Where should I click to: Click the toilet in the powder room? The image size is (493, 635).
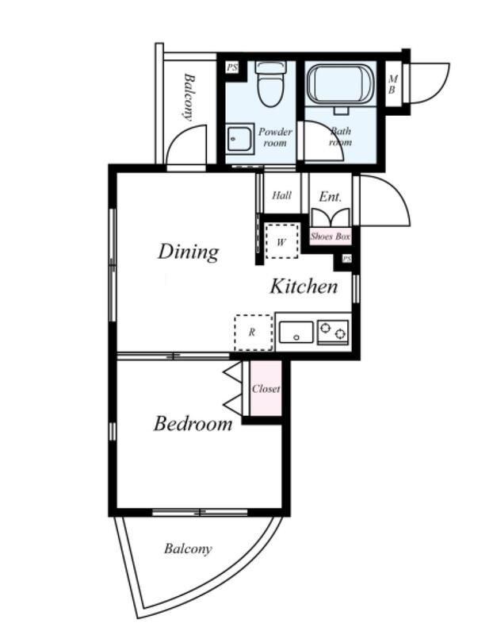270,84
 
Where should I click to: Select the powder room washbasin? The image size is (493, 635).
240,139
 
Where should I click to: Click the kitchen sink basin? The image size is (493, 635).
296,332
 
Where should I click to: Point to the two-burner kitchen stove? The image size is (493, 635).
333,332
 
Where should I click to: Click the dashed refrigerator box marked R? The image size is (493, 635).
253,333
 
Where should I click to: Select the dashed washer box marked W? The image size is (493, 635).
282,242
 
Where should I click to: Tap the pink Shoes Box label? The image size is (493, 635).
331,237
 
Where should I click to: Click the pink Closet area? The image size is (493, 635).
266,388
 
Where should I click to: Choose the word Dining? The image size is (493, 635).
189,252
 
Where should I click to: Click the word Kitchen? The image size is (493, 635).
304,287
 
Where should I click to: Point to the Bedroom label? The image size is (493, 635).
193,424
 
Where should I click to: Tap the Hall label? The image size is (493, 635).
281,195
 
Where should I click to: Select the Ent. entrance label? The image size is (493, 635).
331,197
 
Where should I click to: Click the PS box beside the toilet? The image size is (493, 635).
232,67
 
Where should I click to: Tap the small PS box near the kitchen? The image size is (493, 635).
347,259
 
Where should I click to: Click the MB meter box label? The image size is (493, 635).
392,85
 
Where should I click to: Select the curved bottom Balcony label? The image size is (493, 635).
188,548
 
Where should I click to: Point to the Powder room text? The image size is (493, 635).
275,137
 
